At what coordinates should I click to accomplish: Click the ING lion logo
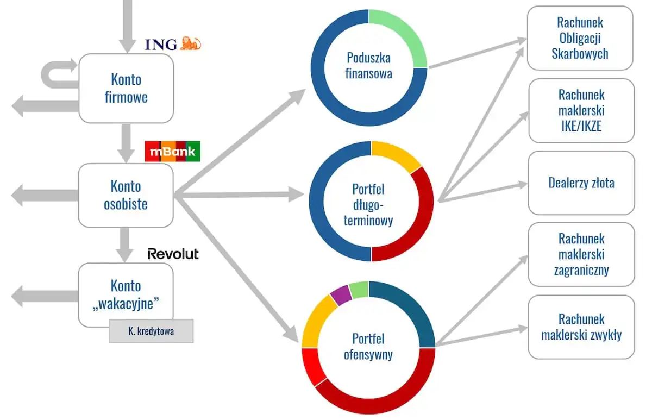pyautogui.click(x=190, y=43)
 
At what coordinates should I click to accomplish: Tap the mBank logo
pyautogui.click(x=172, y=152)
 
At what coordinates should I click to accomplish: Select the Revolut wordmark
pyautogui.click(x=173, y=254)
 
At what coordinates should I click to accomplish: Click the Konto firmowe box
pyautogui.click(x=126, y=89)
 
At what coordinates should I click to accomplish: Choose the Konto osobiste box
pyautogui.click(x=126, y=196)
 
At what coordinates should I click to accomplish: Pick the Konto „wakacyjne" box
pyautogui.click(x=126, y=293)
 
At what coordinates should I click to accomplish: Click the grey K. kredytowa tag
pyautogui.click(x=151, y=331)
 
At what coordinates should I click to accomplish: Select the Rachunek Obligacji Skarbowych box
pyautogui.click(x=580, y=38)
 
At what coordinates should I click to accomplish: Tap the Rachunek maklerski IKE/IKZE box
pyautogui.click(x=581, y=110)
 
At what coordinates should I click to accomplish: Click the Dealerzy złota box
pyautogui.click(x=581, y=183)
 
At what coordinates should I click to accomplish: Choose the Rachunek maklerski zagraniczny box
pyautogui.click(x=581, y=254)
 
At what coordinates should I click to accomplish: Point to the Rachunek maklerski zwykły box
pyautogui.click(x=581, y=327)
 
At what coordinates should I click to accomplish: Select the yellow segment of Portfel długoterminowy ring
pyautogui.click(x=396, y=155)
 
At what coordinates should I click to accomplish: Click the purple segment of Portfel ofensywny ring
pyautogui.click(x=341, y=295)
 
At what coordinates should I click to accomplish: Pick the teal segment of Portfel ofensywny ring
pyautogui.click(x=411, y=310)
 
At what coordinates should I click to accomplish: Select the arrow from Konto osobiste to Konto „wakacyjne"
pyautogui.click(x=126, y=243)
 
